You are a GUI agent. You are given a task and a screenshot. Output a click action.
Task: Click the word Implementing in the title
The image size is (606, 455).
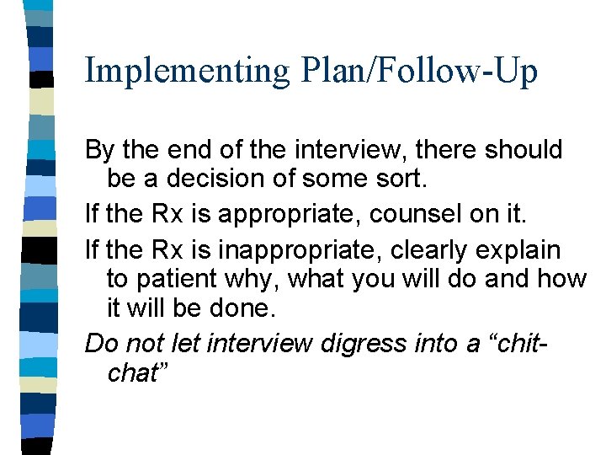[x=186, y=71]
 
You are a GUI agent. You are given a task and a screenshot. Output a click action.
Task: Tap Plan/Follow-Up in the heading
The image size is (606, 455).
[x=417, y=71]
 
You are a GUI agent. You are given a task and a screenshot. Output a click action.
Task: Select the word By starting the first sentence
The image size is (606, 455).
[x=99, y=151]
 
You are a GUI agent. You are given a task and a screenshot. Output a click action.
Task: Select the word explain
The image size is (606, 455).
[x=522, y=250]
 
